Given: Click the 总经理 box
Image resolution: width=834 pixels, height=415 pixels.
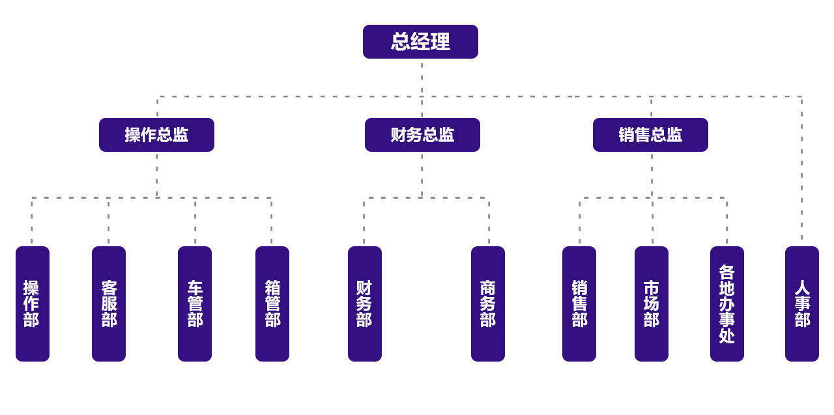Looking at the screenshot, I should [420, 42].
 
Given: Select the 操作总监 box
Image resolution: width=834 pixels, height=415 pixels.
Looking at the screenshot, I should [156, 135].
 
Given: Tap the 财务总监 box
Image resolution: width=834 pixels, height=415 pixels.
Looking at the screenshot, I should [422, 135].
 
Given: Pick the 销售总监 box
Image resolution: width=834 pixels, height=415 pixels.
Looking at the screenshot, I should [650, 135].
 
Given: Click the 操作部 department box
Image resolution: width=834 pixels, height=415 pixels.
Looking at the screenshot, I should [33, 304].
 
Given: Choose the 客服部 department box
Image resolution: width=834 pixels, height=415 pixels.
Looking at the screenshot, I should [109, 304].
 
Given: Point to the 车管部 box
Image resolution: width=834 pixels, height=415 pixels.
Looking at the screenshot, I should [195, 304].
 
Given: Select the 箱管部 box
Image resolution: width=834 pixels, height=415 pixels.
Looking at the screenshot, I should [272, 304].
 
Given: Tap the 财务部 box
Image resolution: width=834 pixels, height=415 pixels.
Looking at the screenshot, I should [365, 304].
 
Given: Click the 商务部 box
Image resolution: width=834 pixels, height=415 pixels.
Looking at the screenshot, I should [488, 304].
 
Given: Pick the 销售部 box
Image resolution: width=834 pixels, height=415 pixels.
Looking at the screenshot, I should [579, 304].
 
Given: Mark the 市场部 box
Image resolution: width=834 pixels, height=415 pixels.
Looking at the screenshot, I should [652, 304].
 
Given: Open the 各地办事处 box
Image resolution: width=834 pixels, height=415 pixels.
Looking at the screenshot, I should [727, 304].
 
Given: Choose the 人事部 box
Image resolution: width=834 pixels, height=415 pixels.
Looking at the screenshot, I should [802, 304].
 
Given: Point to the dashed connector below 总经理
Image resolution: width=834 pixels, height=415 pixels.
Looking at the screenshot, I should [422, 78].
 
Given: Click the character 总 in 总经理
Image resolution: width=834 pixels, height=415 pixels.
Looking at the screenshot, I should [399, 42].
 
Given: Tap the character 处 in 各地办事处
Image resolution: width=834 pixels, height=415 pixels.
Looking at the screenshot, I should [727, 336].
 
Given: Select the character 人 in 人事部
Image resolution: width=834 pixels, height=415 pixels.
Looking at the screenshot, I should [802, 288].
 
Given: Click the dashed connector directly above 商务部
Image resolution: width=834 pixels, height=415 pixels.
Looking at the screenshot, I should [489, 222].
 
